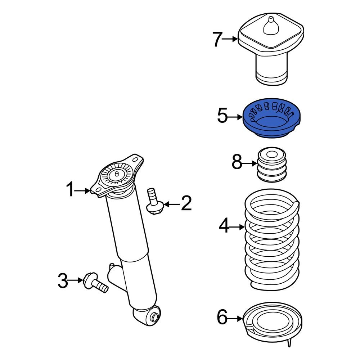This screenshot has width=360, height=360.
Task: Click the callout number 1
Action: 71,190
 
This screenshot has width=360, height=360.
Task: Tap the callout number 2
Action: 186,204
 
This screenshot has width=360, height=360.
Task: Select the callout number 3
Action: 63,281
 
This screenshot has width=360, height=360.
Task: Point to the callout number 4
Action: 224,226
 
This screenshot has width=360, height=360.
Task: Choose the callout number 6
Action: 222,318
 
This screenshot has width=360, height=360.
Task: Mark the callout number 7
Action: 217,39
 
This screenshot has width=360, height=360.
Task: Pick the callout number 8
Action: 237,163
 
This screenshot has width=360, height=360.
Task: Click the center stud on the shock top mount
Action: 116,174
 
